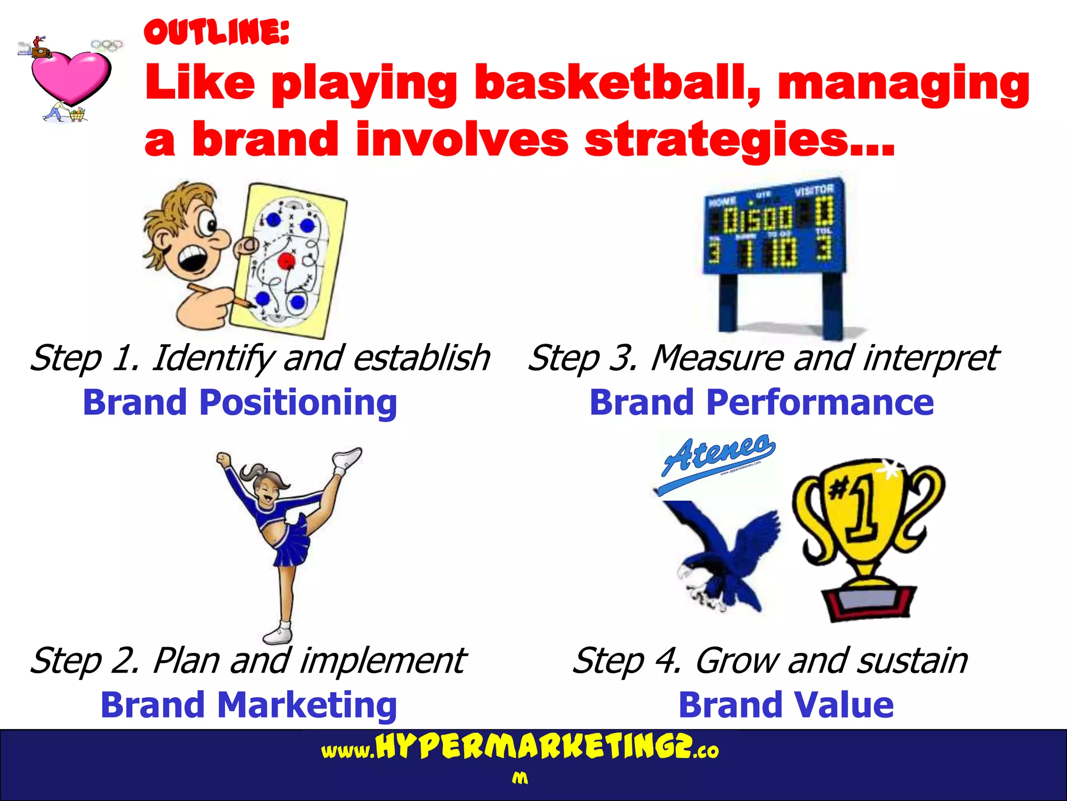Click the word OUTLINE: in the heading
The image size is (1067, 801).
[216, 32]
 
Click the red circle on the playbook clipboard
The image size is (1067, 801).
[286, 260]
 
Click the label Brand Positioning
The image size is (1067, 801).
[240, 403]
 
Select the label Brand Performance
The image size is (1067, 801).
[761, 403]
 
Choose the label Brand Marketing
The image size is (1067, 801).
[249, 705]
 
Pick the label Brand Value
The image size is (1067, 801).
[786, 705]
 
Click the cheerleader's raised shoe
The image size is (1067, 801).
[348, 458]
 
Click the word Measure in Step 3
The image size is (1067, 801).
[717, 358]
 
